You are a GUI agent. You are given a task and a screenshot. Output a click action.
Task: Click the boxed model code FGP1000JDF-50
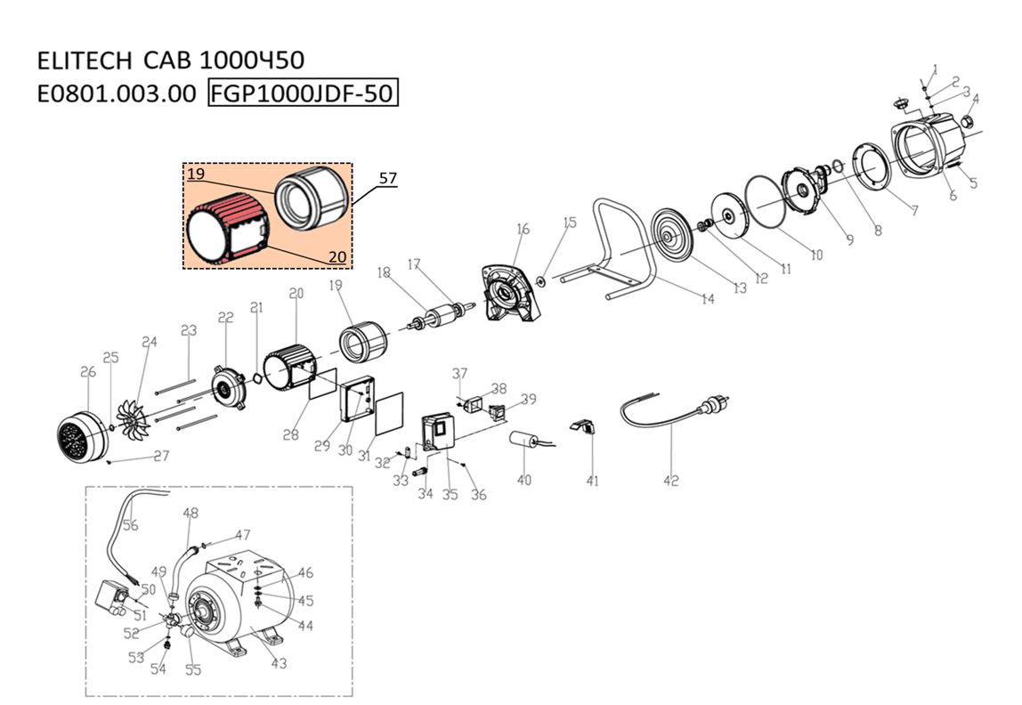[303, 93]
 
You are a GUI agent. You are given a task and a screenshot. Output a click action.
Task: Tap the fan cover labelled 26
[81, 437]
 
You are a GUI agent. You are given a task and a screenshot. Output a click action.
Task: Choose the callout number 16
[522, 230]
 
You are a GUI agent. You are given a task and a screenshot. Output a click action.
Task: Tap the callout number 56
[130, 525]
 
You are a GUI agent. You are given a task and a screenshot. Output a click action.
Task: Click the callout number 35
[450, 494]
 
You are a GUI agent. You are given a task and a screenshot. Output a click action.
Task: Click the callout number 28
[291, 434]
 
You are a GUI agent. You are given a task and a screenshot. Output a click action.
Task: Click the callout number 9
[848, 239]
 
